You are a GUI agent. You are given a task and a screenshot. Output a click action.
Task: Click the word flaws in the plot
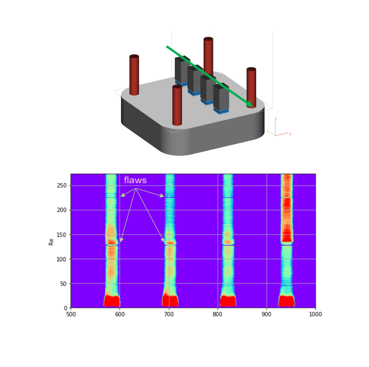pyautogui.click(x=135, y=180)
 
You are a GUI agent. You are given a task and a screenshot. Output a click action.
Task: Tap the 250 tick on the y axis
pyautogui.click(x=62, y=185)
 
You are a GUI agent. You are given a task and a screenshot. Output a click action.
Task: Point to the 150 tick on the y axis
pyautogui.click(x=62, y=235)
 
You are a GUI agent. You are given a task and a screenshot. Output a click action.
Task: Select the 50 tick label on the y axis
pyautogui.click(x=63, y=284)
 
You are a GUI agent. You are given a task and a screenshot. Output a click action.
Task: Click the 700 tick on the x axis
pyautogui.click(x=169, y=314)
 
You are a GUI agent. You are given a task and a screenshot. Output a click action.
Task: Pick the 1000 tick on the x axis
pyautogui.click(x=315, y=314)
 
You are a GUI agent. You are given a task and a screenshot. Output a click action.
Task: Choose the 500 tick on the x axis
pyautogui.click(x=71, y=314)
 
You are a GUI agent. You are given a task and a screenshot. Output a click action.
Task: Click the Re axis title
pyautogui.click(x=51, y=242)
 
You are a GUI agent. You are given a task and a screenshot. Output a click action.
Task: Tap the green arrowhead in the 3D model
pyautogui.click(x=250, y=104)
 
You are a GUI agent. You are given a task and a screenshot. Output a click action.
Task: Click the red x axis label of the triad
pyautogui.click(x=290, y=134)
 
